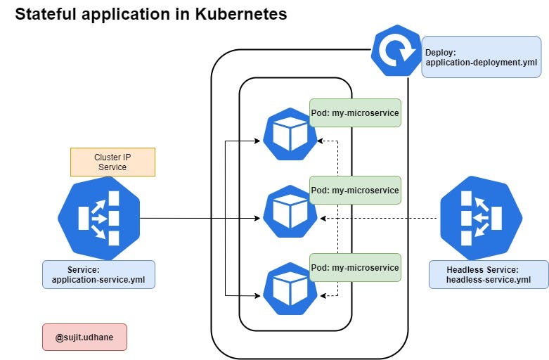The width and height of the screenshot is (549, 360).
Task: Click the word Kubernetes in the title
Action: (241, 14)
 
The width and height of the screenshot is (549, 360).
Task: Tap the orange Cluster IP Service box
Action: (112, 162)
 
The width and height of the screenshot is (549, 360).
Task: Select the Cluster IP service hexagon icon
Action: (98, 218)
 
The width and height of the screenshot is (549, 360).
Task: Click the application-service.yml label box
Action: (98, 274)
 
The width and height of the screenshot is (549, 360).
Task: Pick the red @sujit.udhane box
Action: (85, 337)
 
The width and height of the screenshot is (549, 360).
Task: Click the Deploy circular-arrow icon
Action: (396, 51)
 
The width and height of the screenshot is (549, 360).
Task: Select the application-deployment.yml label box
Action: (482, 57)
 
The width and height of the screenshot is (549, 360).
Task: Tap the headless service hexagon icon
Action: (482, 218)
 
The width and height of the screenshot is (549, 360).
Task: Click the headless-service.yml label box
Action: (489, 274)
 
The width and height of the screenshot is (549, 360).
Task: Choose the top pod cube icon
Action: (290, 134)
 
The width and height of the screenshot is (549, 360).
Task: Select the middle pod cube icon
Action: (290, 212)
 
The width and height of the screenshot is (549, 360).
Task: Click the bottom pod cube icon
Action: (290, 289)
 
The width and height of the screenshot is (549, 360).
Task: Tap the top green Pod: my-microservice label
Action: (355, 112)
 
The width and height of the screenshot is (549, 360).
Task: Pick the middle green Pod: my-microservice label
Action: (355, 190)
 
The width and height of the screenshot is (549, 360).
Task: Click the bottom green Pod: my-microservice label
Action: (355, 268)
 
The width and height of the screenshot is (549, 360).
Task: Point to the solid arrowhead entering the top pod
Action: (257, 141)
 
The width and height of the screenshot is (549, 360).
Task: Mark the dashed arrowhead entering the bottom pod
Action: (323, 296)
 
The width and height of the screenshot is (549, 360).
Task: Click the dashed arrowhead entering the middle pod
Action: (323, 219)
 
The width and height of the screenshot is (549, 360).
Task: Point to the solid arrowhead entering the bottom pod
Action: (257, 296)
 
